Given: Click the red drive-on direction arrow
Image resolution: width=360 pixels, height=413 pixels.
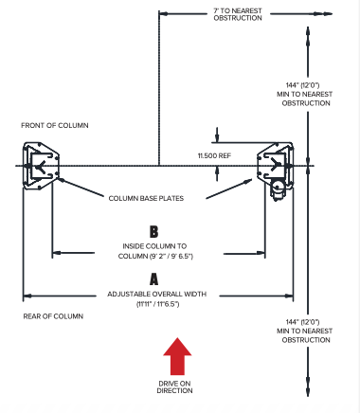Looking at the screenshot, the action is (177, 356).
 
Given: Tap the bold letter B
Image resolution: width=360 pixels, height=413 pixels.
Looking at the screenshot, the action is (153, 231).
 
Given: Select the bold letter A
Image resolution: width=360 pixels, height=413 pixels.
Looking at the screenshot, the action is (153, 279).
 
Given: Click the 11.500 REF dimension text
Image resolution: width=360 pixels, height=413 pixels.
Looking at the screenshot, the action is (214, 155).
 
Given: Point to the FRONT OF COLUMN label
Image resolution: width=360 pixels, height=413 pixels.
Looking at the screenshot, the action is (55, 125).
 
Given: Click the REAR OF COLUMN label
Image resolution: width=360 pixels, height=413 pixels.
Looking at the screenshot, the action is (53, 316).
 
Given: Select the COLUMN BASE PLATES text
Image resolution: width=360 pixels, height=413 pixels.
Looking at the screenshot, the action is (146, 198).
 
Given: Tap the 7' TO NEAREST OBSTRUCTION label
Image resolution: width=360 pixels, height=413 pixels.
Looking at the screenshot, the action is (238, 14).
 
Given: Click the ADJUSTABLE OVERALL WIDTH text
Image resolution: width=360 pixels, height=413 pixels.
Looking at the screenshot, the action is (157, 294).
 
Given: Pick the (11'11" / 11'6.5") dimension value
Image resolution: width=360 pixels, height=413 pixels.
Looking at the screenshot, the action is (158, 304).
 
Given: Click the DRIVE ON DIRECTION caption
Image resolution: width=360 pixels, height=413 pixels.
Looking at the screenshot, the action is (174, 386).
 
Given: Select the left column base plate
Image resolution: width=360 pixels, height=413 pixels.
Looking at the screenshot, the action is (41, 166).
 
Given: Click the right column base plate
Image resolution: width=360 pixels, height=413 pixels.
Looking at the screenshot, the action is (276, 164).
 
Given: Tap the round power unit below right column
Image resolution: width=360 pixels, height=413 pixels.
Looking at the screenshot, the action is (278, 190).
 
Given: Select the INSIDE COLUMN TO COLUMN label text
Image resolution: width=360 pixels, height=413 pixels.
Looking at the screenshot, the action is (155, 251).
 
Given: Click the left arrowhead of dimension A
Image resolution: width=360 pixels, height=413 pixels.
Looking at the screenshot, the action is (27, 296).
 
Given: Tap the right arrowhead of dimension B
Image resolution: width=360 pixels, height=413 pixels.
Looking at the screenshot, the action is (261, 253).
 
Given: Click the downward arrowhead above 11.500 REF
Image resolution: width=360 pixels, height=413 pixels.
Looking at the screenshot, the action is (217, 138).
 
